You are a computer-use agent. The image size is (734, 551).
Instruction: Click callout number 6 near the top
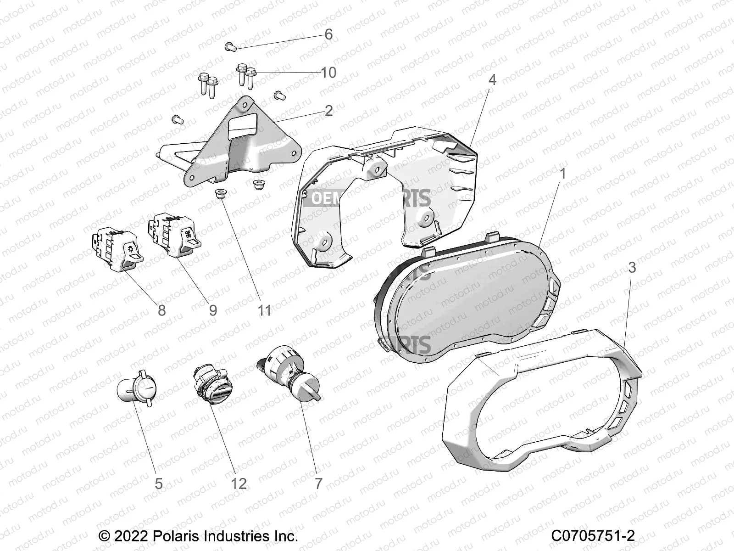[328, 34]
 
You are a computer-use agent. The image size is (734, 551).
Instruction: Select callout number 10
[328, 73]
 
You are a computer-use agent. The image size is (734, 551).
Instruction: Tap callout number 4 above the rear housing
[492, 80]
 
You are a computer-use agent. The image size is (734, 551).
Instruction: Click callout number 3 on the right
[632, 268]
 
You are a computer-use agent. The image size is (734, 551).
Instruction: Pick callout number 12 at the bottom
[239, 484]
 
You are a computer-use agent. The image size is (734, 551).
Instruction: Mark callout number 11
[265, 310]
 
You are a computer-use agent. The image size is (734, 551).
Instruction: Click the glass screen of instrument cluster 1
[468, 303]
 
